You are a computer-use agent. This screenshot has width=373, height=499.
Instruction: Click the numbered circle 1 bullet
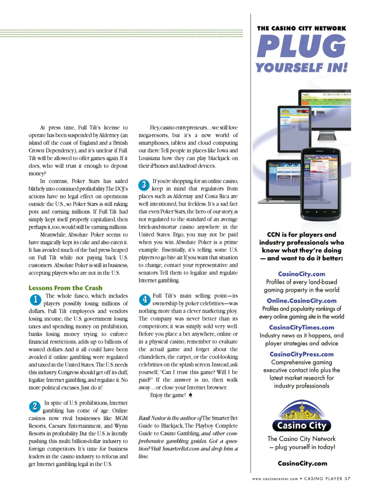[35, 300]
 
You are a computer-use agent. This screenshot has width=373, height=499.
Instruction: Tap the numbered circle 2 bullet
[35, 407]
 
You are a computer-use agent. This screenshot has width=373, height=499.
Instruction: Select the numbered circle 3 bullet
[144, 185]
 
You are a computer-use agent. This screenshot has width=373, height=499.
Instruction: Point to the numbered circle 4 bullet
[145, 299]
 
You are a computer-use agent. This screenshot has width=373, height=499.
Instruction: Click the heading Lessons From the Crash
[65, 288]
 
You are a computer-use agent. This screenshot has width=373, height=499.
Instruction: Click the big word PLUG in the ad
[301, 47]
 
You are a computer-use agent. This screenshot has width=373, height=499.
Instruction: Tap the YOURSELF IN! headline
[301, 68]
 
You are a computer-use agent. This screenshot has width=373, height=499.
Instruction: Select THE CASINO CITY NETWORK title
[301, 28]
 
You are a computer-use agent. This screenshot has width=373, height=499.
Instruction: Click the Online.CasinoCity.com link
[302, 301]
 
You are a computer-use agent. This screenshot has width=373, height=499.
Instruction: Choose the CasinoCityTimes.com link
[302, 328]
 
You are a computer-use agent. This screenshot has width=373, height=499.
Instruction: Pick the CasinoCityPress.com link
[302, 354]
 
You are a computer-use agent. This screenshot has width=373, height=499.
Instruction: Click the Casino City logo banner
[302, 426]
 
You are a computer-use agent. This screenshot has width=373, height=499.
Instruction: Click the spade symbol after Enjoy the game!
[190, 395]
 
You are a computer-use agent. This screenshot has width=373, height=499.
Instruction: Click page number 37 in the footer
[347, 479]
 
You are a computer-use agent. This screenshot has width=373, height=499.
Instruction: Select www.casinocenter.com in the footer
[275, 479]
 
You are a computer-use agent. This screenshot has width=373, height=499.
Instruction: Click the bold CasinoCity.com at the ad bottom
[302, 463]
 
